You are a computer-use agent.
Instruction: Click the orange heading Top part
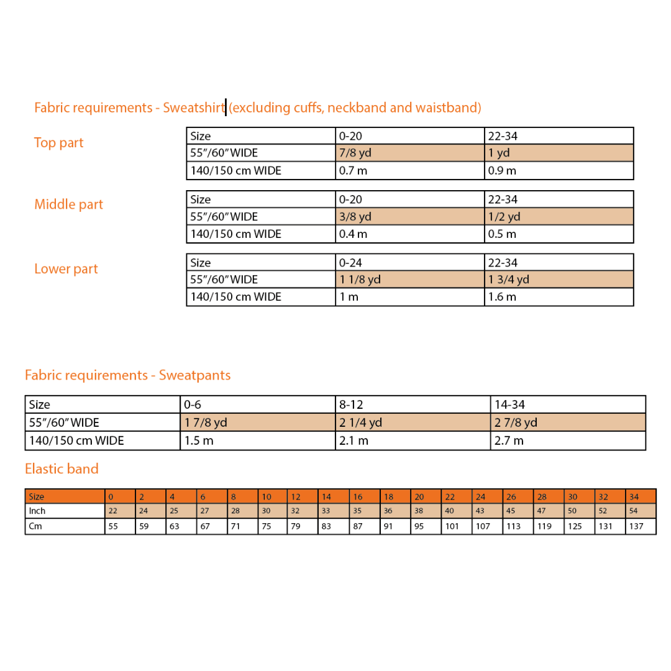(x=58, y=142)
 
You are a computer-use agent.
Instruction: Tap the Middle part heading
(x=68, y=204)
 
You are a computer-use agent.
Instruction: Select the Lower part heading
(x=66, y=269)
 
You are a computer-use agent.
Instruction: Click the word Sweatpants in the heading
(x=194, y=375)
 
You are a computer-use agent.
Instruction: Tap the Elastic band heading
(x=62, y=468)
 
